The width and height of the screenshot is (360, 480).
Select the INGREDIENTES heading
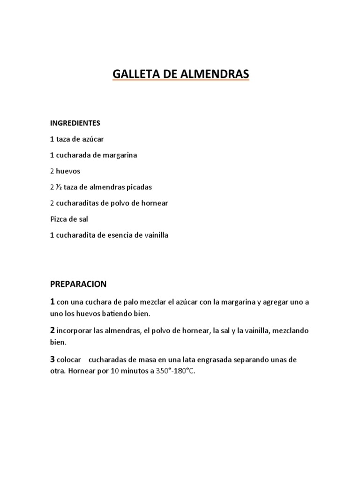coord(75,123)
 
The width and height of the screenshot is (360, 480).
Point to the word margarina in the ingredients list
coord(119,155)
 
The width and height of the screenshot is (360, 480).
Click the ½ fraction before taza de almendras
coord(59,187)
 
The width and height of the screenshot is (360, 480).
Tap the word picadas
coord(138,187)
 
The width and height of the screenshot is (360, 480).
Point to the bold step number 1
coord(52,301)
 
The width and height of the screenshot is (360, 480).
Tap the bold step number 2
coord(52,330)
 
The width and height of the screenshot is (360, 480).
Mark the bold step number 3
coord(52,360)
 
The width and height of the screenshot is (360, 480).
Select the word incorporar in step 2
coord(74,331)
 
